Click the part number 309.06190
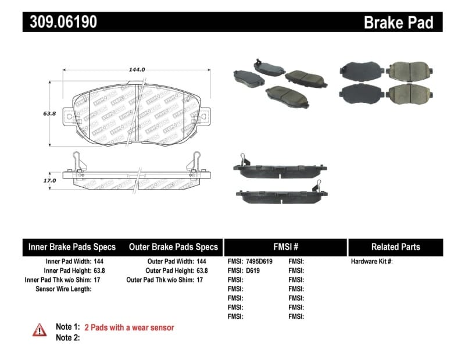(x=60, y=22)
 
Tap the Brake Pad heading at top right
(x=398, y=22)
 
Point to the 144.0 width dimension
(x=137, y=69)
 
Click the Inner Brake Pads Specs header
(x=72, y=247)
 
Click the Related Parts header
(x=395, y=247)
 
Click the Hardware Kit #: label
(x=372, y=262)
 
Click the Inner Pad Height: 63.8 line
(x=74, y=271)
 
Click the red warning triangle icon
(x=39, y=329)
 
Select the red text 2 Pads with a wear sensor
(x=129, y=327)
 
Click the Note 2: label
(x=67, y=337)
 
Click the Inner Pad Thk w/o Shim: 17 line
(x=66, y=280)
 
